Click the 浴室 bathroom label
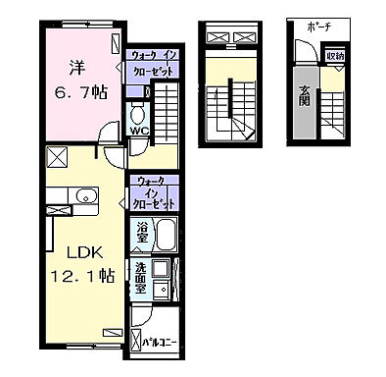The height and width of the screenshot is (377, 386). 141,236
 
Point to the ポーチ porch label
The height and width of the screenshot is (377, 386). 319,25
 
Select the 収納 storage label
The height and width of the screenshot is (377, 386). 335,56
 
